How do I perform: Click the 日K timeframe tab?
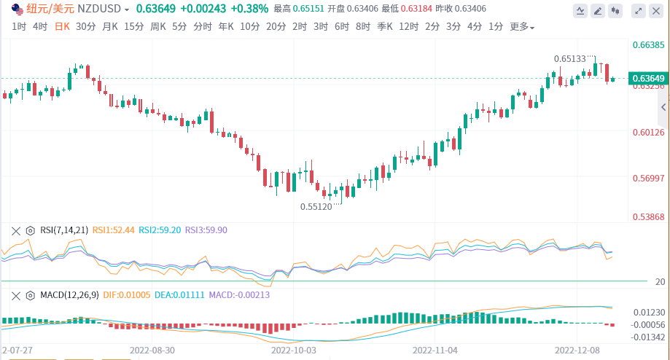click(63, 26)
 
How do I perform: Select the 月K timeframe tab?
click(110, 26)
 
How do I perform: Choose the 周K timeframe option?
click(158, 26)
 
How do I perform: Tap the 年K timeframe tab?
click(226, 26)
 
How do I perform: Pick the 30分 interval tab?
click(86, 26)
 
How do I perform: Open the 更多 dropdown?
click(521, 27)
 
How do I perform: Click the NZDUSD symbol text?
click(100, 9)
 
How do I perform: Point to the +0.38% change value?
click(249, 9)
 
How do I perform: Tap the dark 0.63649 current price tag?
click(647, 78)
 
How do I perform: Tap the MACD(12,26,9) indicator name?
click(69, 294)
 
